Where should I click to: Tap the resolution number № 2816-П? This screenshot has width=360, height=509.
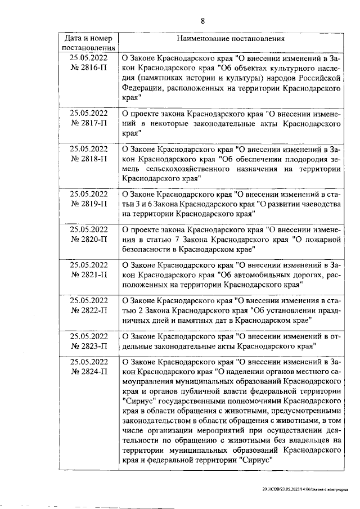88,68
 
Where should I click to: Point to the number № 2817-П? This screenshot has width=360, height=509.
88,122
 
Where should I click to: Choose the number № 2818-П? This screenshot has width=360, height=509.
88,159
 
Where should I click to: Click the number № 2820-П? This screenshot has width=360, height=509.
88,239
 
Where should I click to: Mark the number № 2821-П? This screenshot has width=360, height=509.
88,276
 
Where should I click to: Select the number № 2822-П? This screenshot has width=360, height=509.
88,310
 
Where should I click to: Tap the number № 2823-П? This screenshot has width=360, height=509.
88,346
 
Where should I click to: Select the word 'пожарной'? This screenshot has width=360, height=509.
321,240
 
